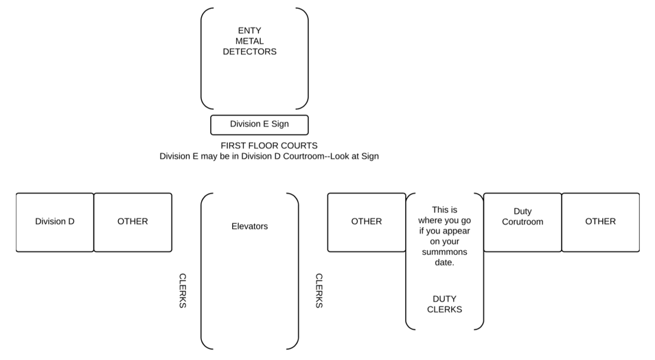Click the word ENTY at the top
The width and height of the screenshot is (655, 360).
click(249, 30)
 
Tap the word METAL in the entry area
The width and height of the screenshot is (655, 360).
click(249, 41)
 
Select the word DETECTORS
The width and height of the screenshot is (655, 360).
click(249, 52)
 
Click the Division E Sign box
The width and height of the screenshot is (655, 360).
click(260, 125)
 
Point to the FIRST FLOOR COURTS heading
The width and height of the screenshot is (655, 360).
click(269, 146)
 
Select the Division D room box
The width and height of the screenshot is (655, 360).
click(55, 223)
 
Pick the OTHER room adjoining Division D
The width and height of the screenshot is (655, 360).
click(133, 223)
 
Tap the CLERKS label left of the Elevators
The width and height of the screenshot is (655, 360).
click(183, 291)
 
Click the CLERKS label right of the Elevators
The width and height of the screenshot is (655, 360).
click(319, 291)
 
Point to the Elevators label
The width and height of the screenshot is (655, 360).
click(249, 226)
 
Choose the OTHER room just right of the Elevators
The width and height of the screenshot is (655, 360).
click(367, 223)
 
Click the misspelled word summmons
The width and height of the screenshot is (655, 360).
click(444, 252)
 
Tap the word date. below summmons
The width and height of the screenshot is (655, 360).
click(444, 262)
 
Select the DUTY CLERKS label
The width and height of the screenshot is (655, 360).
click(444, 304)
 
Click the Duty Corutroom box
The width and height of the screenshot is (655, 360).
click(522, 223)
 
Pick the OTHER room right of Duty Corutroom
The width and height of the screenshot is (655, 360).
click(601, 223)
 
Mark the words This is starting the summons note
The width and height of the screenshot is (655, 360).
click(444, 210)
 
